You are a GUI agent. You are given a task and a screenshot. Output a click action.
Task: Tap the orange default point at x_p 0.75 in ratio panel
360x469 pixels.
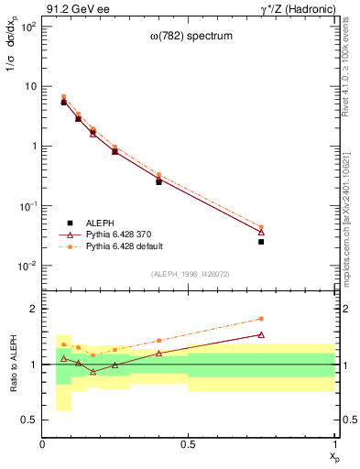[261, 319]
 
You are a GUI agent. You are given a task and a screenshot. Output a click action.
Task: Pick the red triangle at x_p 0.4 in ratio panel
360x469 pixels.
[158, 353]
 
